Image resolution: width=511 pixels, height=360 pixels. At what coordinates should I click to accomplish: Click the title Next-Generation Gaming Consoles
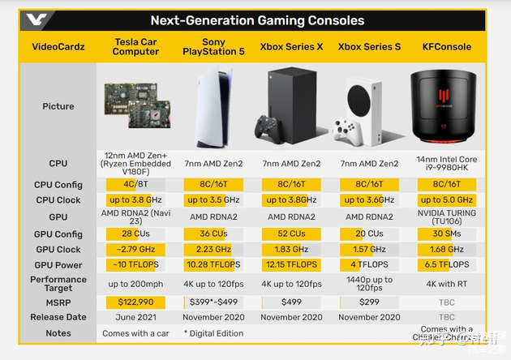(257, 20)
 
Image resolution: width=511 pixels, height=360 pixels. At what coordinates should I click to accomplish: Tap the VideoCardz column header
(58, 47)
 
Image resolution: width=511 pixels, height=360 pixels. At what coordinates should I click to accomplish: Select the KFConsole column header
(446, 47)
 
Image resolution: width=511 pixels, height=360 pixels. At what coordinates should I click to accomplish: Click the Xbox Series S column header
(369, 47)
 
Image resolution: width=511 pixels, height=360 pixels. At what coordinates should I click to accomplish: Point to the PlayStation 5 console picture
(213, 106)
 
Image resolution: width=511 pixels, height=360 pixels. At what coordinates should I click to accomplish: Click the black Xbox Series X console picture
(291, 106)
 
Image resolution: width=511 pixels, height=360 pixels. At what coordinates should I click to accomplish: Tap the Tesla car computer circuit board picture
(135, 106)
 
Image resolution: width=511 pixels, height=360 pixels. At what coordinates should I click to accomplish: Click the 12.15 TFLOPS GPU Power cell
(291, 265)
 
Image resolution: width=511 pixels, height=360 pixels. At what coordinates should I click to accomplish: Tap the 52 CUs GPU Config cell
(291, 234)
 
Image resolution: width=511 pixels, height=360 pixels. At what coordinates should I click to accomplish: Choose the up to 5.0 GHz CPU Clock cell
(446, 199)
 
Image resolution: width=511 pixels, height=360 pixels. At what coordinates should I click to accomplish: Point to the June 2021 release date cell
(135, 317)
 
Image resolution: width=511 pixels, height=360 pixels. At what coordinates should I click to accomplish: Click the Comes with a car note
(135, 333)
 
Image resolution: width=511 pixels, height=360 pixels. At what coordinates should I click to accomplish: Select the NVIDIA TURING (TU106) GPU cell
(446, 217)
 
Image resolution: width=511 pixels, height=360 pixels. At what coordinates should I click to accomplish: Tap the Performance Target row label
(58, 284)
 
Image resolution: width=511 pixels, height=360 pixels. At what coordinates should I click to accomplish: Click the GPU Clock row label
(58, 250)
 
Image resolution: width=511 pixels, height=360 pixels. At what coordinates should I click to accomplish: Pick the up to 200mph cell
(135, 284)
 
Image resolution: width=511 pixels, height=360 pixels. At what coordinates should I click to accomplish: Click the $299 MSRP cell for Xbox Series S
(369, 302)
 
